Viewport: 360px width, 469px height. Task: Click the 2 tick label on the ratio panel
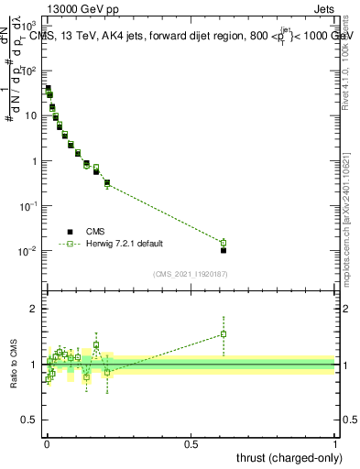pyautogui.click(x=33, y=309)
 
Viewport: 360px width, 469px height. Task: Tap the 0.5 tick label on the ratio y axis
pyautogui.click(x=30, y=421)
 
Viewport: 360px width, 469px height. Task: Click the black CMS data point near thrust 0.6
pyautogui.click(x=223, y=250)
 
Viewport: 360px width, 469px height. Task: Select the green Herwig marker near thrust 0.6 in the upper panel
pyautogui.click(x=223, y=243)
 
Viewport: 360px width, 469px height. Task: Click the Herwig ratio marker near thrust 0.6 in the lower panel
pyautogui.click(x=223, y=334)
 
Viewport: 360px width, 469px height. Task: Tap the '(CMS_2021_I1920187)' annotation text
pyautogui.click(x=191, y=273)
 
